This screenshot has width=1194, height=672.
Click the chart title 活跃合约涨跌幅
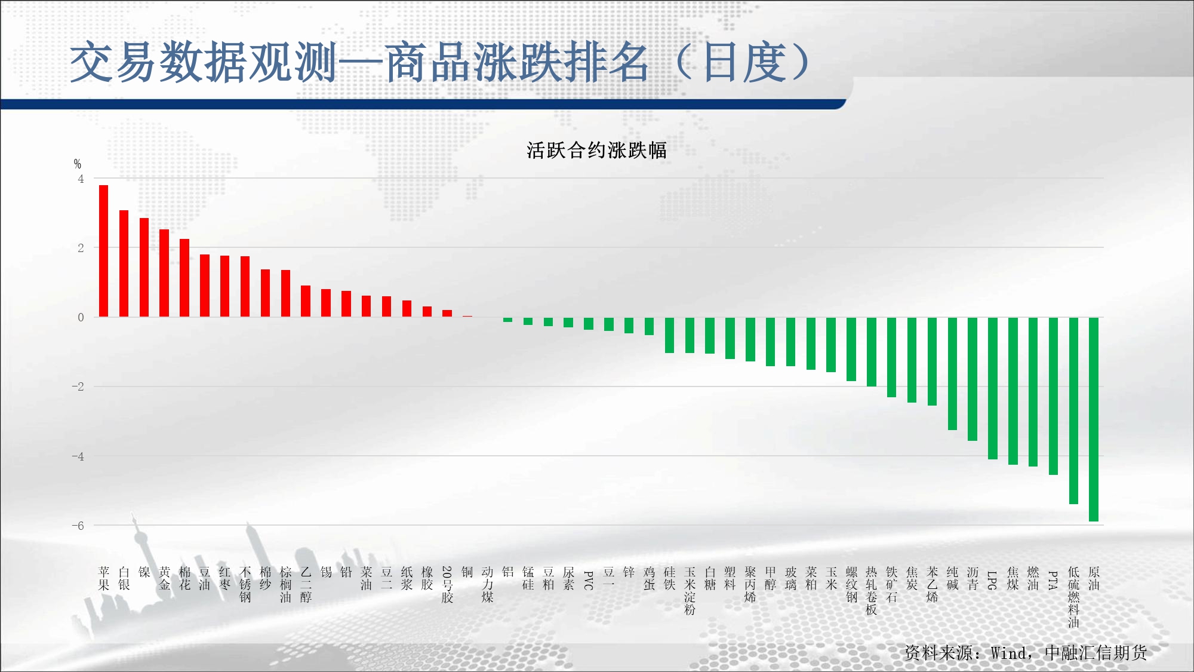(x=596, y=150)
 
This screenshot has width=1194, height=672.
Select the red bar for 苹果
(x=104, y=251)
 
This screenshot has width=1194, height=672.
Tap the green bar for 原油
(x=1094, y=419)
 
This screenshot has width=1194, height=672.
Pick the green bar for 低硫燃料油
(x=1073, y=411)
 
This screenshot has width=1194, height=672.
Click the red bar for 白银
(x=124, y=263)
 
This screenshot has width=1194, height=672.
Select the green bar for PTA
(x=1053, y=396)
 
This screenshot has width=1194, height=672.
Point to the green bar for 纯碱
(x=952, y=374)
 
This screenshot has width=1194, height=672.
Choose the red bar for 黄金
(x=164, y=273)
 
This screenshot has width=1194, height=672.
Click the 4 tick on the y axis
(x=81, y=179)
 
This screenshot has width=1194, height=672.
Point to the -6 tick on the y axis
(x=78, y=526)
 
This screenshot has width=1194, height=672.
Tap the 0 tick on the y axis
(x=81, y=317)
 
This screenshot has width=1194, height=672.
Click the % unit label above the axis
(x=78, y=164)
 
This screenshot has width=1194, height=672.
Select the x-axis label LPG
(x=992, y=581)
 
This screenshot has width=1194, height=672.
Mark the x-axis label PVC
(x=588, y=581)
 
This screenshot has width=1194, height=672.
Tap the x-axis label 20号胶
(x=447, y=585)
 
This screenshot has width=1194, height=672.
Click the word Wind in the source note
(x=1009, y=653)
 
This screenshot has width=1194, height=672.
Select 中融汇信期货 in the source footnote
(x=1096, y=653)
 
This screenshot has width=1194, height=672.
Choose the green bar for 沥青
(x=973, y=379)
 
